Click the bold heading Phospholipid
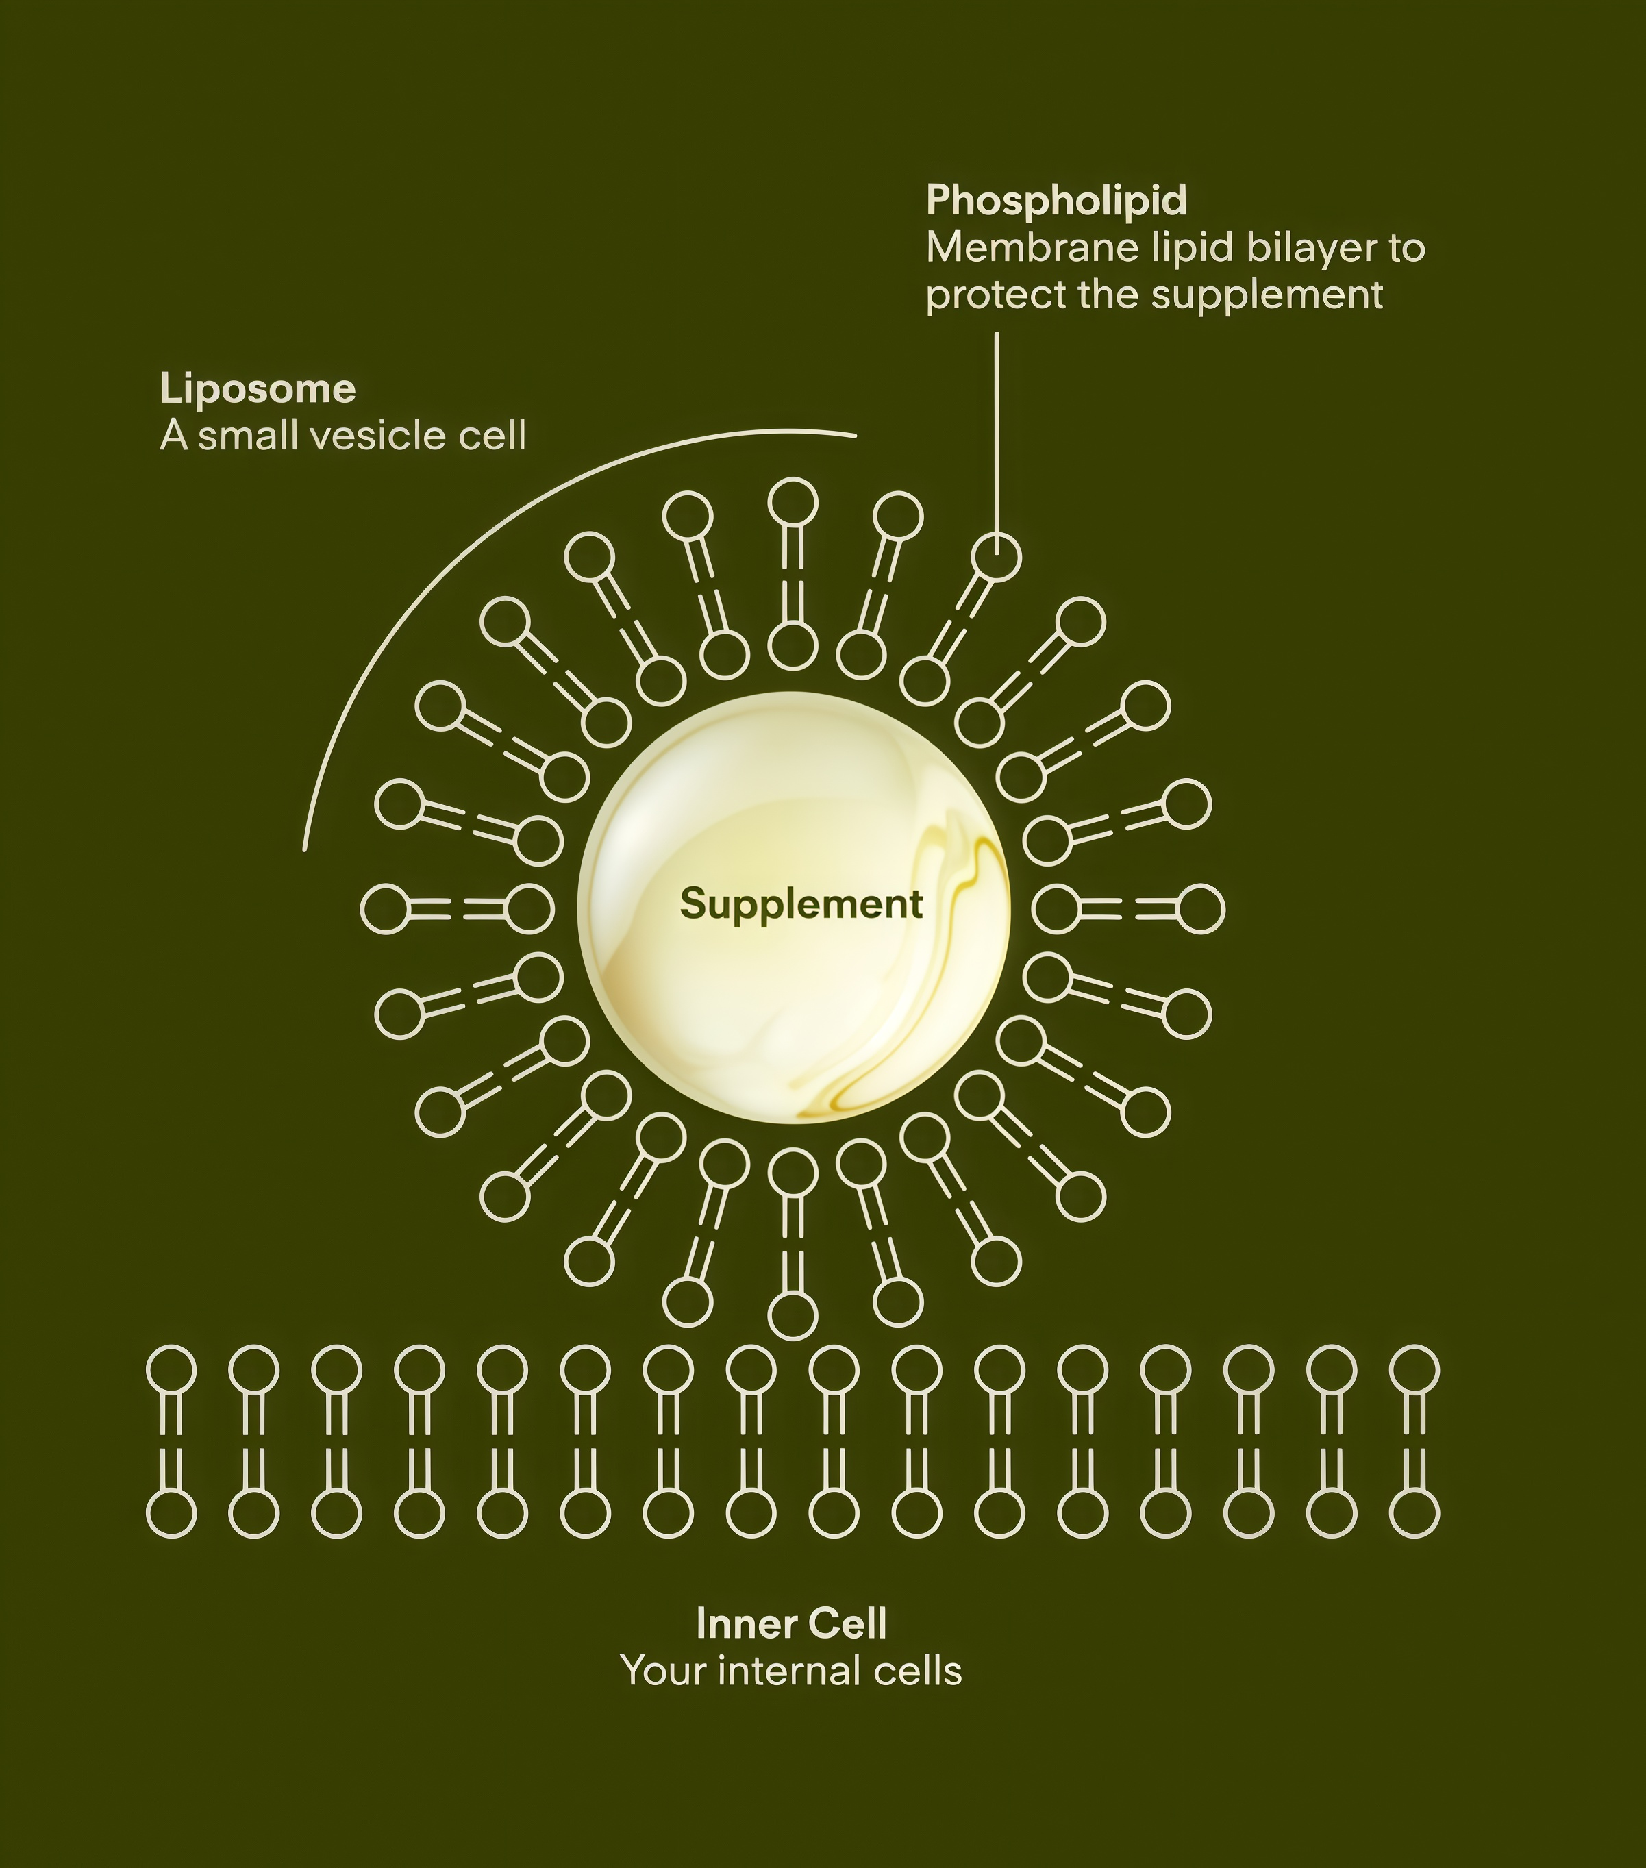1056,200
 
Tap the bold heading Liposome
258,389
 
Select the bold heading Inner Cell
790,1625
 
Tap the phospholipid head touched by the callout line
995,556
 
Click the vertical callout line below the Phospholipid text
996,429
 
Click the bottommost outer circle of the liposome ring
793,1316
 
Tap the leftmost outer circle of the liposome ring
386,909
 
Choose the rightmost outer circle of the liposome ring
1200,909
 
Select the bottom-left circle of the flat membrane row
171,1515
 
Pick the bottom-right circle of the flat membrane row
1414,1515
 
